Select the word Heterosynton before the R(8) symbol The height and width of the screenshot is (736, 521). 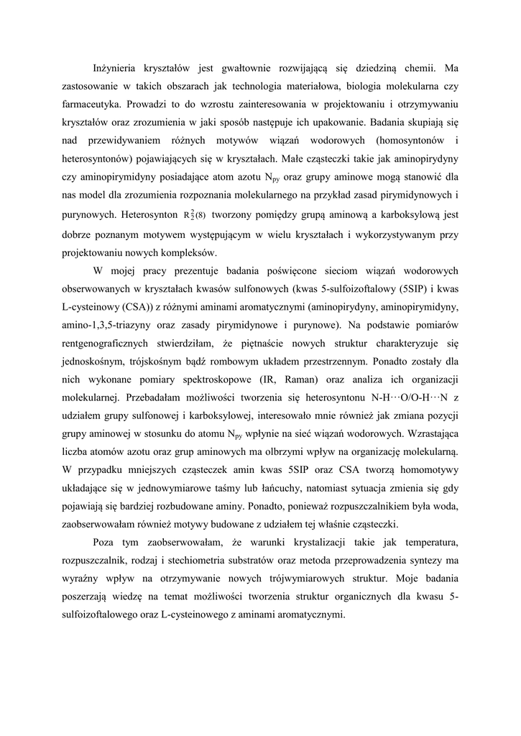(149, 214)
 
